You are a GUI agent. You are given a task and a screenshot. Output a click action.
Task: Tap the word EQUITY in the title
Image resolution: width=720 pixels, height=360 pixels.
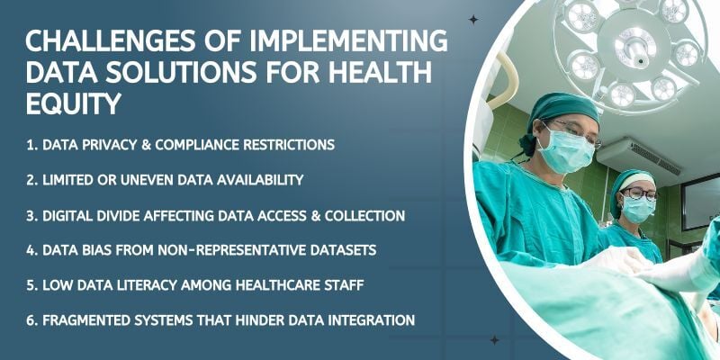pos(73,104)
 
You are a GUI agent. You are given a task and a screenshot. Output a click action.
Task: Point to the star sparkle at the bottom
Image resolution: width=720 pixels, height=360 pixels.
pos(494,340)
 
